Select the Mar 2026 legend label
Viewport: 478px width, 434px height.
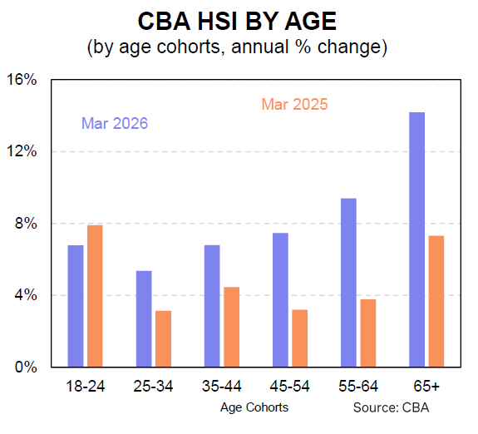pos(115,124)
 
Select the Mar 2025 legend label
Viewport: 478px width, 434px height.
pos(294,104)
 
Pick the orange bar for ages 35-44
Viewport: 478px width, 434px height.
pos(232,327)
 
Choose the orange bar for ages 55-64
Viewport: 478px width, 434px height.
pos(368,333)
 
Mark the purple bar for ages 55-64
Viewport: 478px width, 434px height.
pos(348,282)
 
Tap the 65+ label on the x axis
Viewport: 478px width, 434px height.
pos(426,387)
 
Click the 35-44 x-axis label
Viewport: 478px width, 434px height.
pos(222,387)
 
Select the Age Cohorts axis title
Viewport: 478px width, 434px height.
pos(254,407)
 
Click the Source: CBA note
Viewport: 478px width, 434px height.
pos(395,407)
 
